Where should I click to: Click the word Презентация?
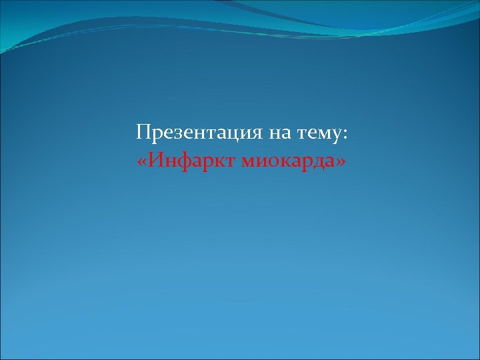click(199, 133)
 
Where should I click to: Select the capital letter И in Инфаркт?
click(155, 160)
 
